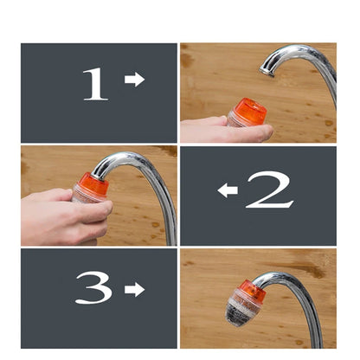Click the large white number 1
pos(95,83)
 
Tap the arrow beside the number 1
pos(134,80)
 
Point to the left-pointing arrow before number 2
pos(228,190)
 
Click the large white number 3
pos(93,287)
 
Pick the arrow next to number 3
pos(134,288)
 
